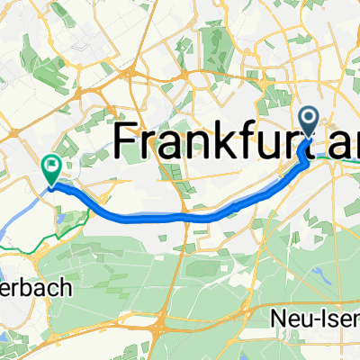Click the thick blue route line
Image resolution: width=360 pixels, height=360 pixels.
180,216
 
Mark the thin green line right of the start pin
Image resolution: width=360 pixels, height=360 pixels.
346,163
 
